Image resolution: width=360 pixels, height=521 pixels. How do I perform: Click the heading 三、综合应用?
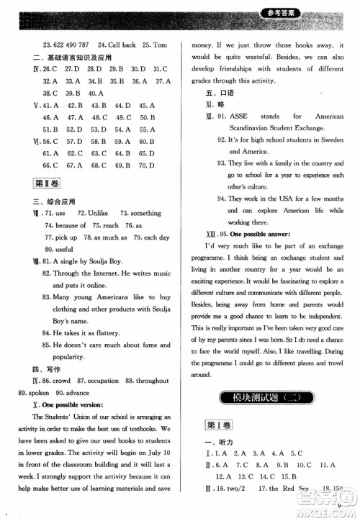[46, 201]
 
